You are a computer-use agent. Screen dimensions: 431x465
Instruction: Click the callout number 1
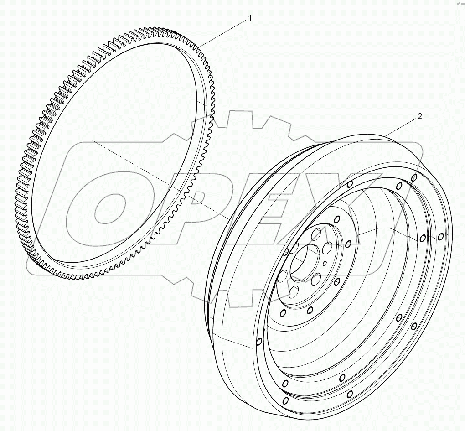249,18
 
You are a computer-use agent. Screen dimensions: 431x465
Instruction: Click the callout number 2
419,116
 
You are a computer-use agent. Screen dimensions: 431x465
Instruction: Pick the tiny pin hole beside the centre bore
324,263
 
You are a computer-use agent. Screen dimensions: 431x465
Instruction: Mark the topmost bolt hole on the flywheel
414,177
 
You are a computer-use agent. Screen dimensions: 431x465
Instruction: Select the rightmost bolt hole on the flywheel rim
440,237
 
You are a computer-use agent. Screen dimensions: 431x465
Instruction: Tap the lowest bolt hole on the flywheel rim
285,400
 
